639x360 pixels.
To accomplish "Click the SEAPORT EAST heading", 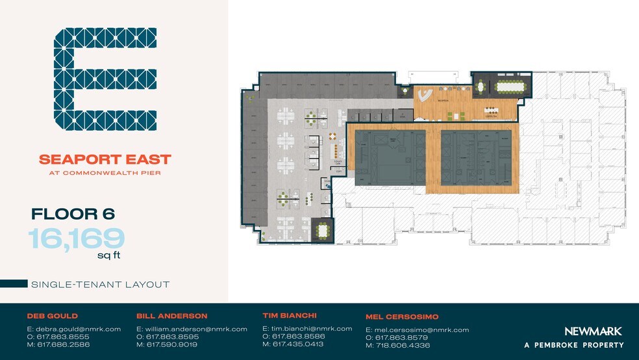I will [x=105, y=159].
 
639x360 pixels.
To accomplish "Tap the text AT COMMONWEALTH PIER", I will [x=105, y=173].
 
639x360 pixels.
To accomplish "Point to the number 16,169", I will [x=77, y=238].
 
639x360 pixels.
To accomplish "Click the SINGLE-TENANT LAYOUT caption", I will [x=100, y=284].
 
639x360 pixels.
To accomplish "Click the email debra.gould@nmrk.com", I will [x=73, y=329].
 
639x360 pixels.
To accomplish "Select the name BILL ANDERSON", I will [x=171, y=316].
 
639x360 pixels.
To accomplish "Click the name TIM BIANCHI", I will [x=289, y=316].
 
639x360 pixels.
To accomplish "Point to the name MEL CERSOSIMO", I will [x=402, y=317].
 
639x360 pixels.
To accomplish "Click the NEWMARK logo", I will [x=592, y=331].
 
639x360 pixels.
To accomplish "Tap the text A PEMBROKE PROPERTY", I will [x=574, y=345].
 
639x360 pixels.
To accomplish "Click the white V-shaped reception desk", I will [x=425, y=96].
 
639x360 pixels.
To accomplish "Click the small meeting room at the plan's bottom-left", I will [x=323, y=231].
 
